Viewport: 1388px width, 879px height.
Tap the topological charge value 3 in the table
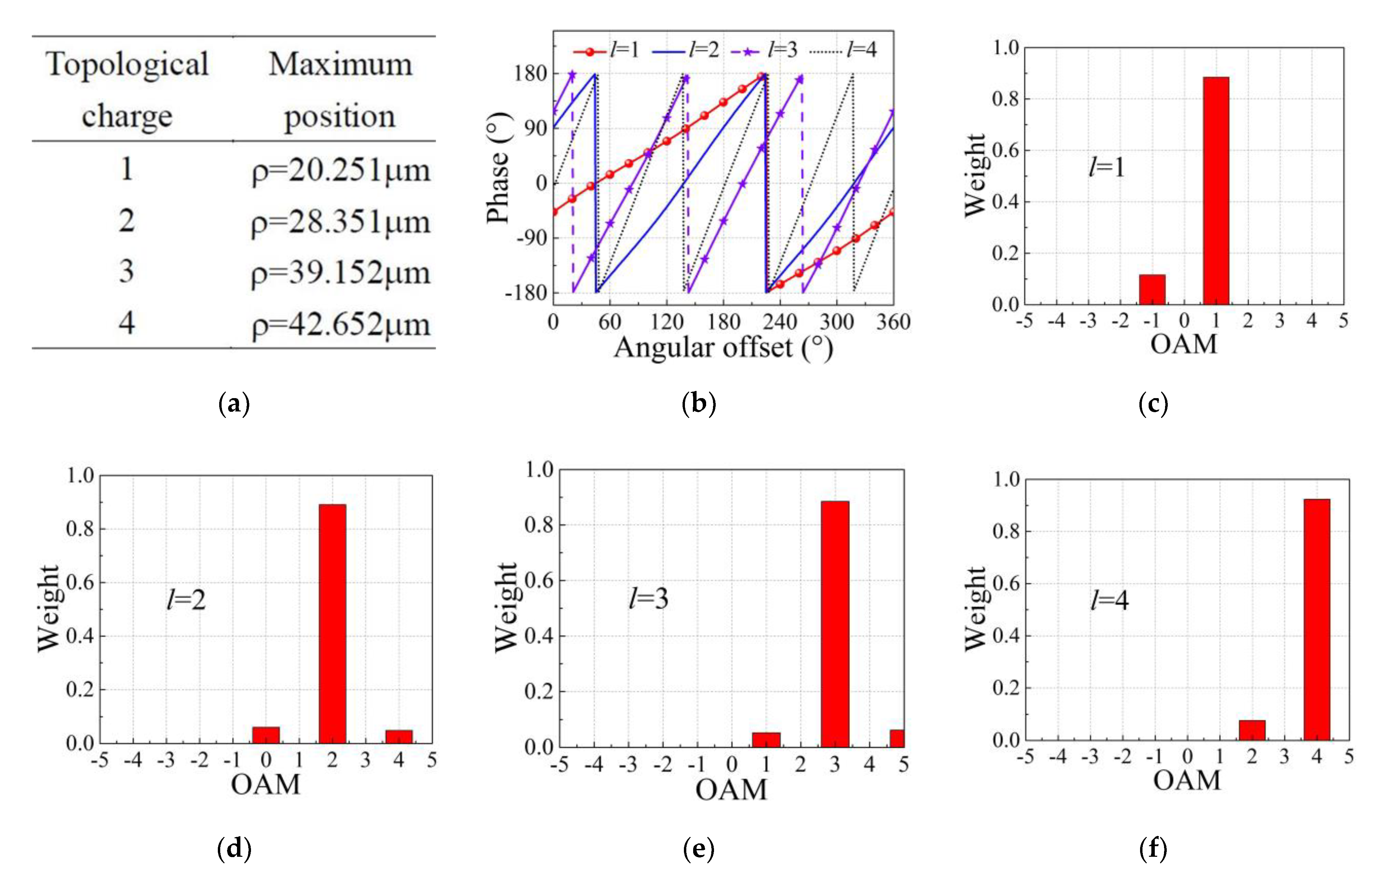pyautogui.click(x=127, y=271)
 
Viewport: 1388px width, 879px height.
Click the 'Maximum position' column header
pyautogui.click(x=340, y=89)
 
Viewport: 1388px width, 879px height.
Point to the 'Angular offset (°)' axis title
pyautogui.click(x=723, y=347)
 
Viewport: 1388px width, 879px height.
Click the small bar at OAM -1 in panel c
pyautogui.click(x=1152, y=289)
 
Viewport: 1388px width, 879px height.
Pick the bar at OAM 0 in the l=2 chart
pyautogui.click(x=266, y=735)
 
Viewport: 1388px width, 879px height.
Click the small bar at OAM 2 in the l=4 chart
pyautogui.click(x=1252, y=730)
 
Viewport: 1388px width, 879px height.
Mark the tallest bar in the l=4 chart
pyautogui.click(x=1317, y=620)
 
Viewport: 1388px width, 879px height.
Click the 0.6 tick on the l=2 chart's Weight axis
pyautogui.click(x=80, y=582)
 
